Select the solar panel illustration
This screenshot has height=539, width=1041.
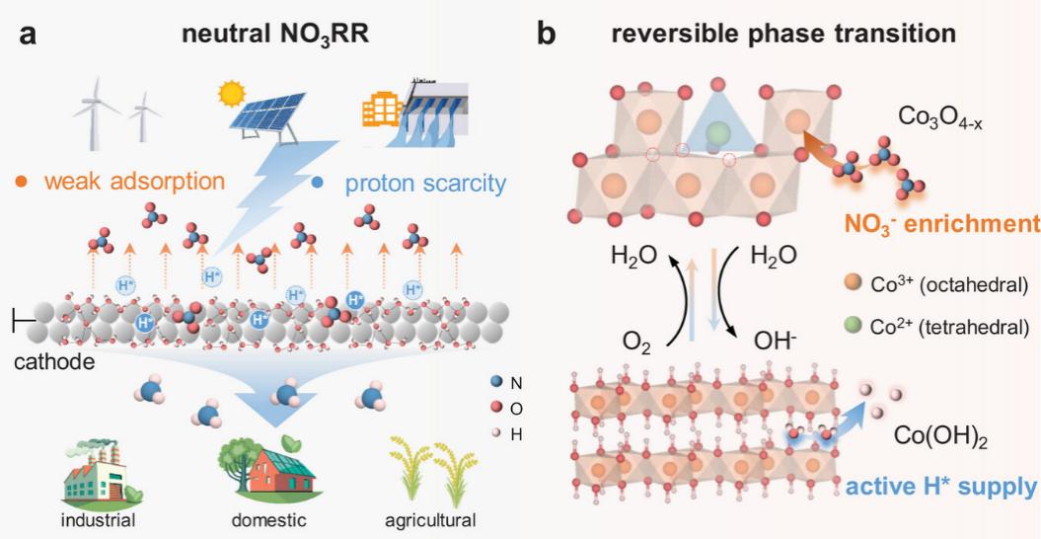269,114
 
